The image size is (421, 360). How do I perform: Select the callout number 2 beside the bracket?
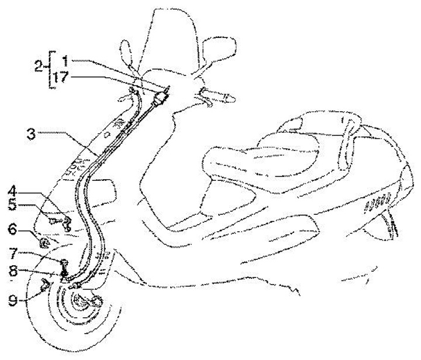tap(38, 68)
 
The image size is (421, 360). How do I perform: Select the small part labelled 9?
tap(45, 285)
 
